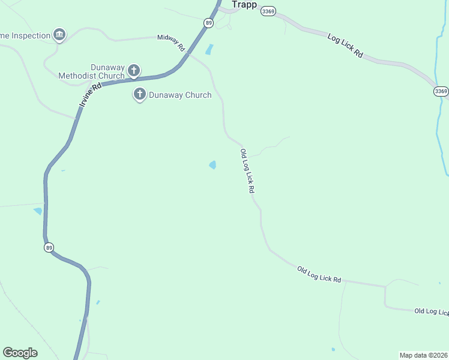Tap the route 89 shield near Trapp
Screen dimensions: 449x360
point(208,23)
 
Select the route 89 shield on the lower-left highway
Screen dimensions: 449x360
point(49,247)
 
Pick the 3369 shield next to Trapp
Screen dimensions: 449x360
point(268,11)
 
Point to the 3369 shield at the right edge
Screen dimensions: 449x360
point(441,91)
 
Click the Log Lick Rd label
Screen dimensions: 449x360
point(345,45)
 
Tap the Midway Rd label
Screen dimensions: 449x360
point(170,42)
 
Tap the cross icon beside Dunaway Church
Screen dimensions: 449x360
point(140,94)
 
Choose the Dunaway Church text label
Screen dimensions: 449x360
point(180,95)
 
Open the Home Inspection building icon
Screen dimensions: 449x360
point(59,35)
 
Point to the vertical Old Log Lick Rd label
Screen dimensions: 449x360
point(248,171)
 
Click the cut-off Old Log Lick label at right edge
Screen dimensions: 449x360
point(431,311)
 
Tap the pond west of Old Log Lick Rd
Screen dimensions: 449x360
point(212,164)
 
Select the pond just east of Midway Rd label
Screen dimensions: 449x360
point(209,50)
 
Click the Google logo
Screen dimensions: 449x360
point(20,353)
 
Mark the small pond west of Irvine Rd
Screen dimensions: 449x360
point(38,211)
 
